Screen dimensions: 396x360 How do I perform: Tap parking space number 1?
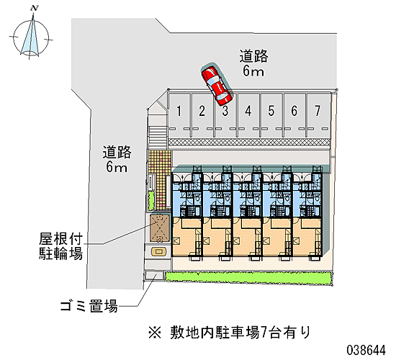click(179, 115)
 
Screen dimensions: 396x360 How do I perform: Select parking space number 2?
click(202, 115)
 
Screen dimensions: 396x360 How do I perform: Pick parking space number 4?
click(248, 115)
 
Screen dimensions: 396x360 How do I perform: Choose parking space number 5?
click(271, 115)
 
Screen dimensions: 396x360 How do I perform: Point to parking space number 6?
click(294, 115)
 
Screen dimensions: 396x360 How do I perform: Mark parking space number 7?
click(318, 115)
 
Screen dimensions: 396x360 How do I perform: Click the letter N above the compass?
click(34, 9)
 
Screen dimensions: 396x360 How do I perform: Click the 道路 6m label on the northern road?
click(253, 63)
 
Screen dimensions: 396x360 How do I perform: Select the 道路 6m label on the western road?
click(117, 159)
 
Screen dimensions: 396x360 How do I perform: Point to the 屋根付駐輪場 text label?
click(60, 246)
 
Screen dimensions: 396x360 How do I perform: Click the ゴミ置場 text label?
click(89, 306)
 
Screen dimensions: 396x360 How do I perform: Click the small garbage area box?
click(154, 275)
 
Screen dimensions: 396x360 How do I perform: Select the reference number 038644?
click(366, 350)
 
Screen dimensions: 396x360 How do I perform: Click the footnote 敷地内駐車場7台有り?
click(229, 332)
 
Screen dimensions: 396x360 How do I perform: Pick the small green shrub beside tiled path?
click(150, 201)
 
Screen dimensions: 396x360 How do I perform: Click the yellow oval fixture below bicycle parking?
click(159, 251)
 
